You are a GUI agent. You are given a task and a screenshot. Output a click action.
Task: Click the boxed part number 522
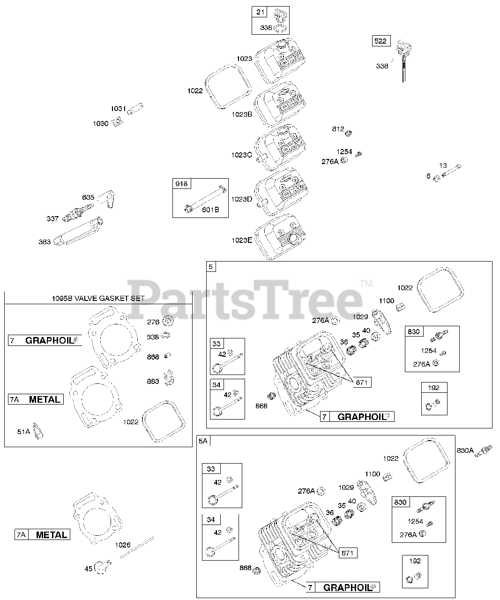point(381,41)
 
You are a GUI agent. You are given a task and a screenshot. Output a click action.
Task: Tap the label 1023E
point(241,240)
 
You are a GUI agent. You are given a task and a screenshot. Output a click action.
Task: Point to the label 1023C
point(241,155)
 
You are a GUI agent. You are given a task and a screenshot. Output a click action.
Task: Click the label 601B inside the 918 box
point(210,210)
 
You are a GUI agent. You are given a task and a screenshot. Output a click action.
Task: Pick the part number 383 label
point(45,242)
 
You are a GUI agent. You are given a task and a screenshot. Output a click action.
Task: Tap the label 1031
point(119,109)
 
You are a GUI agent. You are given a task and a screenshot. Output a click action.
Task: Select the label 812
point(338,129)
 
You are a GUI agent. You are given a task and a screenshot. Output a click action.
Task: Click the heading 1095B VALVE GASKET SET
point(98,298)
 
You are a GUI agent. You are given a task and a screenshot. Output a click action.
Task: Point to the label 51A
point(23,432)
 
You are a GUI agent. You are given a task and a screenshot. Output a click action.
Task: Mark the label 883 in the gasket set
point(153,381)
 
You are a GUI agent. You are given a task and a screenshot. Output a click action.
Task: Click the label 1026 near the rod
point(123,545)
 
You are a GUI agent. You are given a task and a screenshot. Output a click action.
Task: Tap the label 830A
point(465,451)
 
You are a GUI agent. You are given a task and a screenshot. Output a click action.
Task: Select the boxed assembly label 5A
point(203,441)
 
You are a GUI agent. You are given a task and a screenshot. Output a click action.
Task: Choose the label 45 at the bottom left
point(89,569)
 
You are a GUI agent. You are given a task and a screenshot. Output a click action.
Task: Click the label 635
point(88,197)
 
